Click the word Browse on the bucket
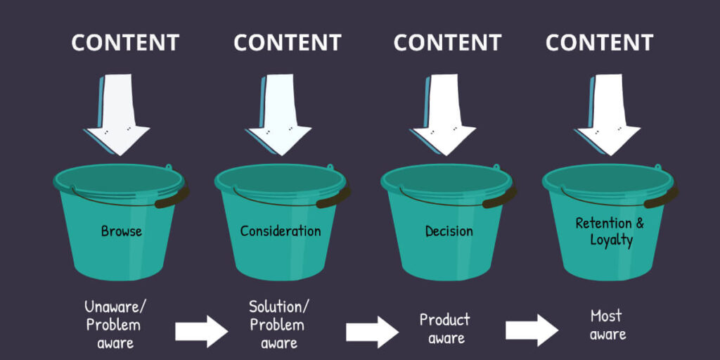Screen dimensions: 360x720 pos(121,231)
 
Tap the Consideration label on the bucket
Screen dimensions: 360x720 pos(280,231)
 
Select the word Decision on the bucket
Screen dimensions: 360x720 pos(449,231)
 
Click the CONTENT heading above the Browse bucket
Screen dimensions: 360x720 pos(125,42)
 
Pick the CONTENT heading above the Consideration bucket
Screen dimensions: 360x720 pos(288,42)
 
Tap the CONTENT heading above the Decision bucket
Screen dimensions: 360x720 pos(447,42)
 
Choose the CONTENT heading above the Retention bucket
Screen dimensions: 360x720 pos(600,42)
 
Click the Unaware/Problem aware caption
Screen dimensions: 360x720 pos(112,324)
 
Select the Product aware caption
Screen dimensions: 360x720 pos(444,328)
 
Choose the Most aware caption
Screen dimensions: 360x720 pos(607,324)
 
